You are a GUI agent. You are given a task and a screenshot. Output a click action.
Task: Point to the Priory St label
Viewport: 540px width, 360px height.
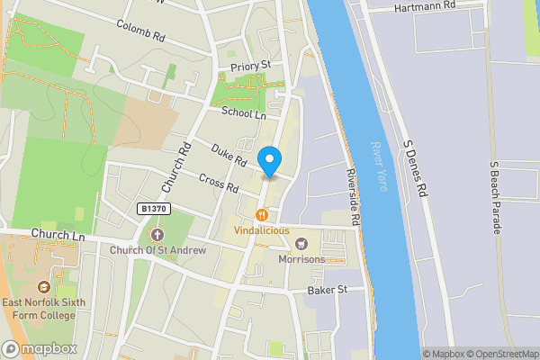coord(251,65)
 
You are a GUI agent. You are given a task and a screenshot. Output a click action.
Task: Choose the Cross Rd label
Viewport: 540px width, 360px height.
coord(219,183)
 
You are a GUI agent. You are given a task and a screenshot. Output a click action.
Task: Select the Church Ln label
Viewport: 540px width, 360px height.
coord(57,236)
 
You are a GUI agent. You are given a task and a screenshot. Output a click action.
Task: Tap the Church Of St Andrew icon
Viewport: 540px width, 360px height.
coord(157,235)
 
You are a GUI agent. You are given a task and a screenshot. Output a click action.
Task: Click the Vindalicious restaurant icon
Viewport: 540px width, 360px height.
coord(262,215)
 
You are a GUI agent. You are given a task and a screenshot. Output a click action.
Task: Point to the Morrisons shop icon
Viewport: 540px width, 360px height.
coord(301,244)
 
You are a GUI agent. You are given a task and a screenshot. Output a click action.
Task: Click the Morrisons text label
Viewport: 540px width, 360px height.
coord(301,259)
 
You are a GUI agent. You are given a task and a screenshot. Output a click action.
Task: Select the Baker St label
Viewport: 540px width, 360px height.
coord(328,290)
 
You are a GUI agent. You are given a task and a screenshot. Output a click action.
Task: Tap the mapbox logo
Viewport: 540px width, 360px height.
coord(40,348)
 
